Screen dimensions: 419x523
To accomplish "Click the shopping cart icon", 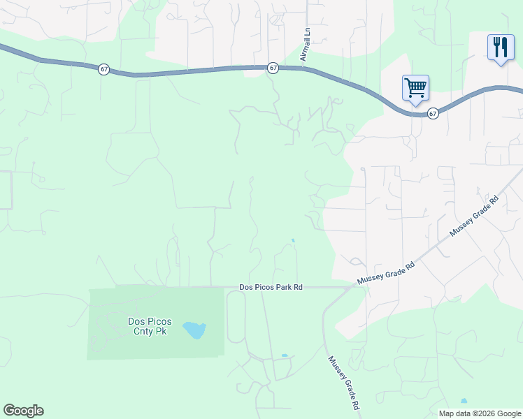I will click(x=415, y=88).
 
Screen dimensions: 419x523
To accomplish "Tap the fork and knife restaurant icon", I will click(x=501, y=47).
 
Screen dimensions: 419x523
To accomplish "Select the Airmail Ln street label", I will click(x=305, y=44).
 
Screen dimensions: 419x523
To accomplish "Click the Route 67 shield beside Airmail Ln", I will click(x=273, y=68).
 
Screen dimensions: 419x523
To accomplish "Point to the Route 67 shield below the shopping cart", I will click(x=433, y=113).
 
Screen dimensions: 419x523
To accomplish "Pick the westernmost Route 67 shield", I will click(x=103, y=69).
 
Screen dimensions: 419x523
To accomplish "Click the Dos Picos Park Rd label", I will click(x=271, y=287).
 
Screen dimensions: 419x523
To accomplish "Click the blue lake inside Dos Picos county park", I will click(x=194, y=330).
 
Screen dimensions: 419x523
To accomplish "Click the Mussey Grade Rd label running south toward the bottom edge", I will click(x=344, y=382).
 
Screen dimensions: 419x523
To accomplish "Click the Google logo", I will click(x=23, y=411).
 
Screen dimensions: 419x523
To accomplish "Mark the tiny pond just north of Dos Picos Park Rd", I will click(x=293, y=242).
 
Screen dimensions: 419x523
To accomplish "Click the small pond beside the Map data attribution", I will click(x=464, y=402).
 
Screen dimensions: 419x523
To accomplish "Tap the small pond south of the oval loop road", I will click(x=285, y=356).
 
